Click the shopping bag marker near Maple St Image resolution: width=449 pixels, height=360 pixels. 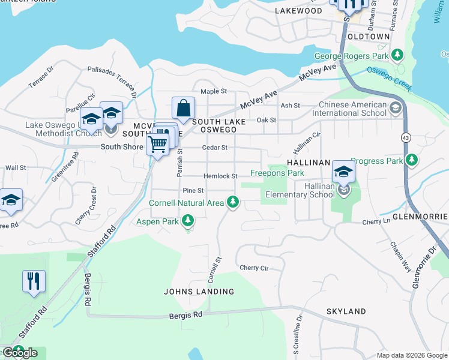click(x=183, y=109)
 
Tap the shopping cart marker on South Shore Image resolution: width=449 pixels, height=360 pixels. click(x=157, y=143)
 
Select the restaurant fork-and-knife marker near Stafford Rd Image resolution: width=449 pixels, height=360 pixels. click(x=34, y=281)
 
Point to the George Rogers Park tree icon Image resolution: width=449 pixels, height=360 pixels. click(x=397, y=56)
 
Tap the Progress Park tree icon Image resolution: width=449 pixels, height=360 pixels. click(x=411, y=160)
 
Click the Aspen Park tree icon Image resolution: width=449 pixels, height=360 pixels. click(x=188, y=222)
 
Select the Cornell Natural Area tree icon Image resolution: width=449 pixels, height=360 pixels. click(x=233, y=203)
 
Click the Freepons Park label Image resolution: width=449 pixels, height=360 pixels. click(x=277, y=173)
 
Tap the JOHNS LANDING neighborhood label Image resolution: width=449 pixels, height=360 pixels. click(x=199, y=292)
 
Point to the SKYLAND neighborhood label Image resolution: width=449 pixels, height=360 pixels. click(x=346, y=311)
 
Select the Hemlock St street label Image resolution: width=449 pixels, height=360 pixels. click(x=220, y=176)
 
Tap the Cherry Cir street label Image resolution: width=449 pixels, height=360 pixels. click(x=253, y=268)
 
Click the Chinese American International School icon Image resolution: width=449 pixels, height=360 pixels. click(x=396, y=108)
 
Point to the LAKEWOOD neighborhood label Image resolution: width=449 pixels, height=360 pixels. click(x=298, y=11)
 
